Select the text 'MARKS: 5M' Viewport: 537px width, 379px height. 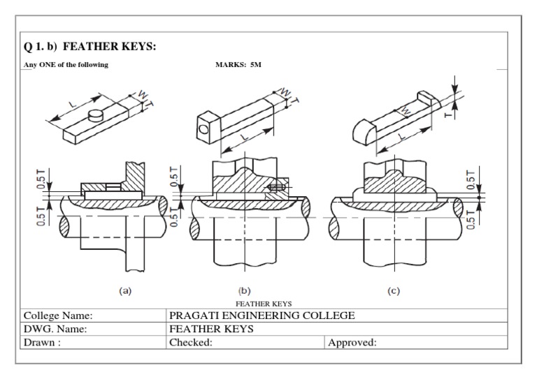coord(238,64)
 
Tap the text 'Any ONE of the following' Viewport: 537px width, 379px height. coord(66,64)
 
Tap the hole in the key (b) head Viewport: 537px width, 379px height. coord(203,128)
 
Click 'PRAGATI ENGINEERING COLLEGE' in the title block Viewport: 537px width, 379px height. coord(262,315)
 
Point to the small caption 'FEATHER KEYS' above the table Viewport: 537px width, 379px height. coord(263,304)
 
